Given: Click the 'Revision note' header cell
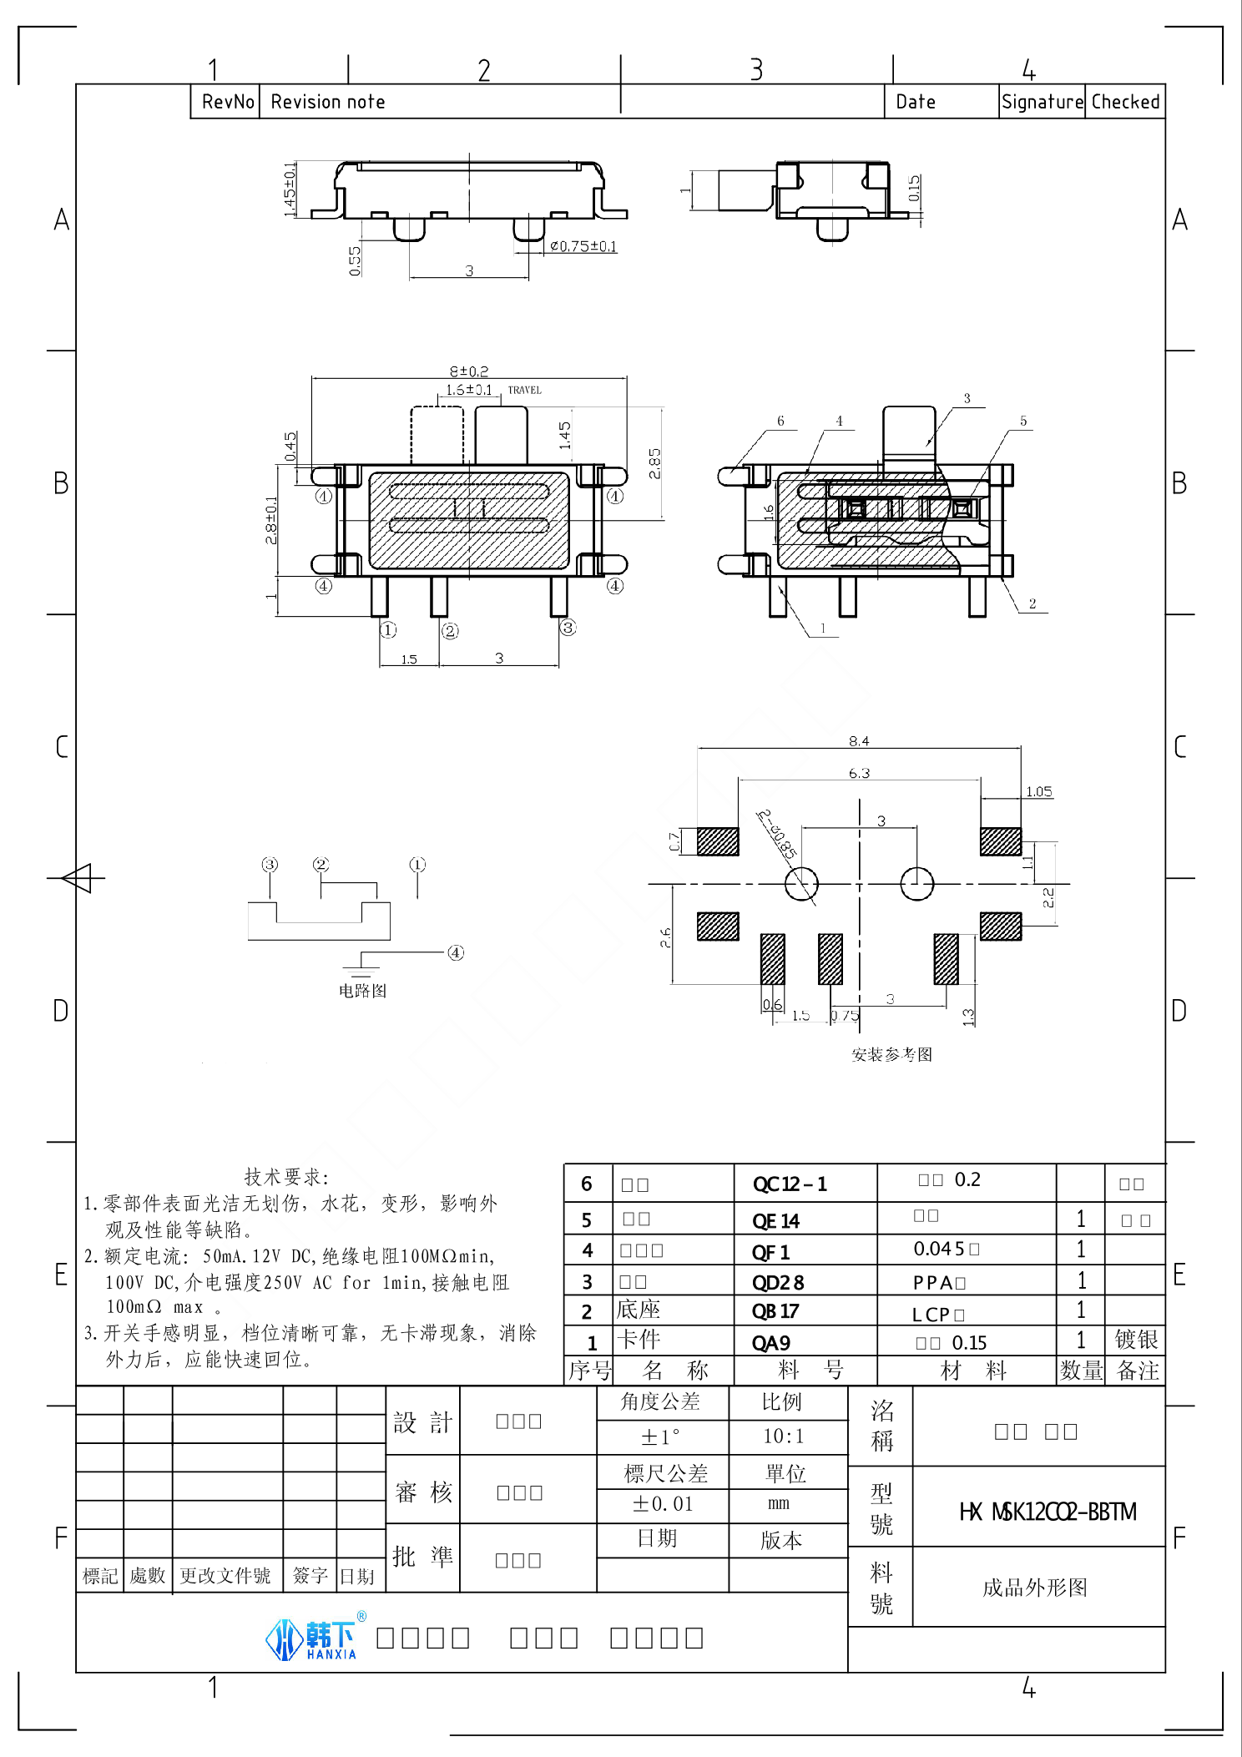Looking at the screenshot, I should click(327, 102).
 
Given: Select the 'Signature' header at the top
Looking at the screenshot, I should click(1042, 102).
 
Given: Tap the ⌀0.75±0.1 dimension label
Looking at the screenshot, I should click(583, 246).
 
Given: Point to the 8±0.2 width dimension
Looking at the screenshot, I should click(469, 371).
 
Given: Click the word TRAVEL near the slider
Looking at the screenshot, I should click(524, 390).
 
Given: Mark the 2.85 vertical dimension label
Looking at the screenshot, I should click(654, 463).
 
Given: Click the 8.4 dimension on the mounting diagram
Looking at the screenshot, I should click(859, 741).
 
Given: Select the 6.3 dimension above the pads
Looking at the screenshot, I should click(859, 774).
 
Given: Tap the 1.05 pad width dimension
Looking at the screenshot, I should click(1038, 791).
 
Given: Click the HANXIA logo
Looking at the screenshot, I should click(313, 1639).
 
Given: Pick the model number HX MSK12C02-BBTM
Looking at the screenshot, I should click(1048, 1512).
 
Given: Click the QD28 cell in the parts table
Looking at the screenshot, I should click(777, 1282).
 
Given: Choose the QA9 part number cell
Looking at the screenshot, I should click(770, 1343).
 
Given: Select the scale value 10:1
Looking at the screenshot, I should click(782, 1436).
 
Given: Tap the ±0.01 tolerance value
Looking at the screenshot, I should click(663, 1504).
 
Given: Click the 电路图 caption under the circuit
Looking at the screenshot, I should click(362, 991).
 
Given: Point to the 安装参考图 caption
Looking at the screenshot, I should click(891, 1055).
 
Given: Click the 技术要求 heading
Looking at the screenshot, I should click(286, 1177).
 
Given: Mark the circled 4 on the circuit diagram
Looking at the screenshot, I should click(456, 952).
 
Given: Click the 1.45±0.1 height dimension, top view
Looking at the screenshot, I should click(290, 189).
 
